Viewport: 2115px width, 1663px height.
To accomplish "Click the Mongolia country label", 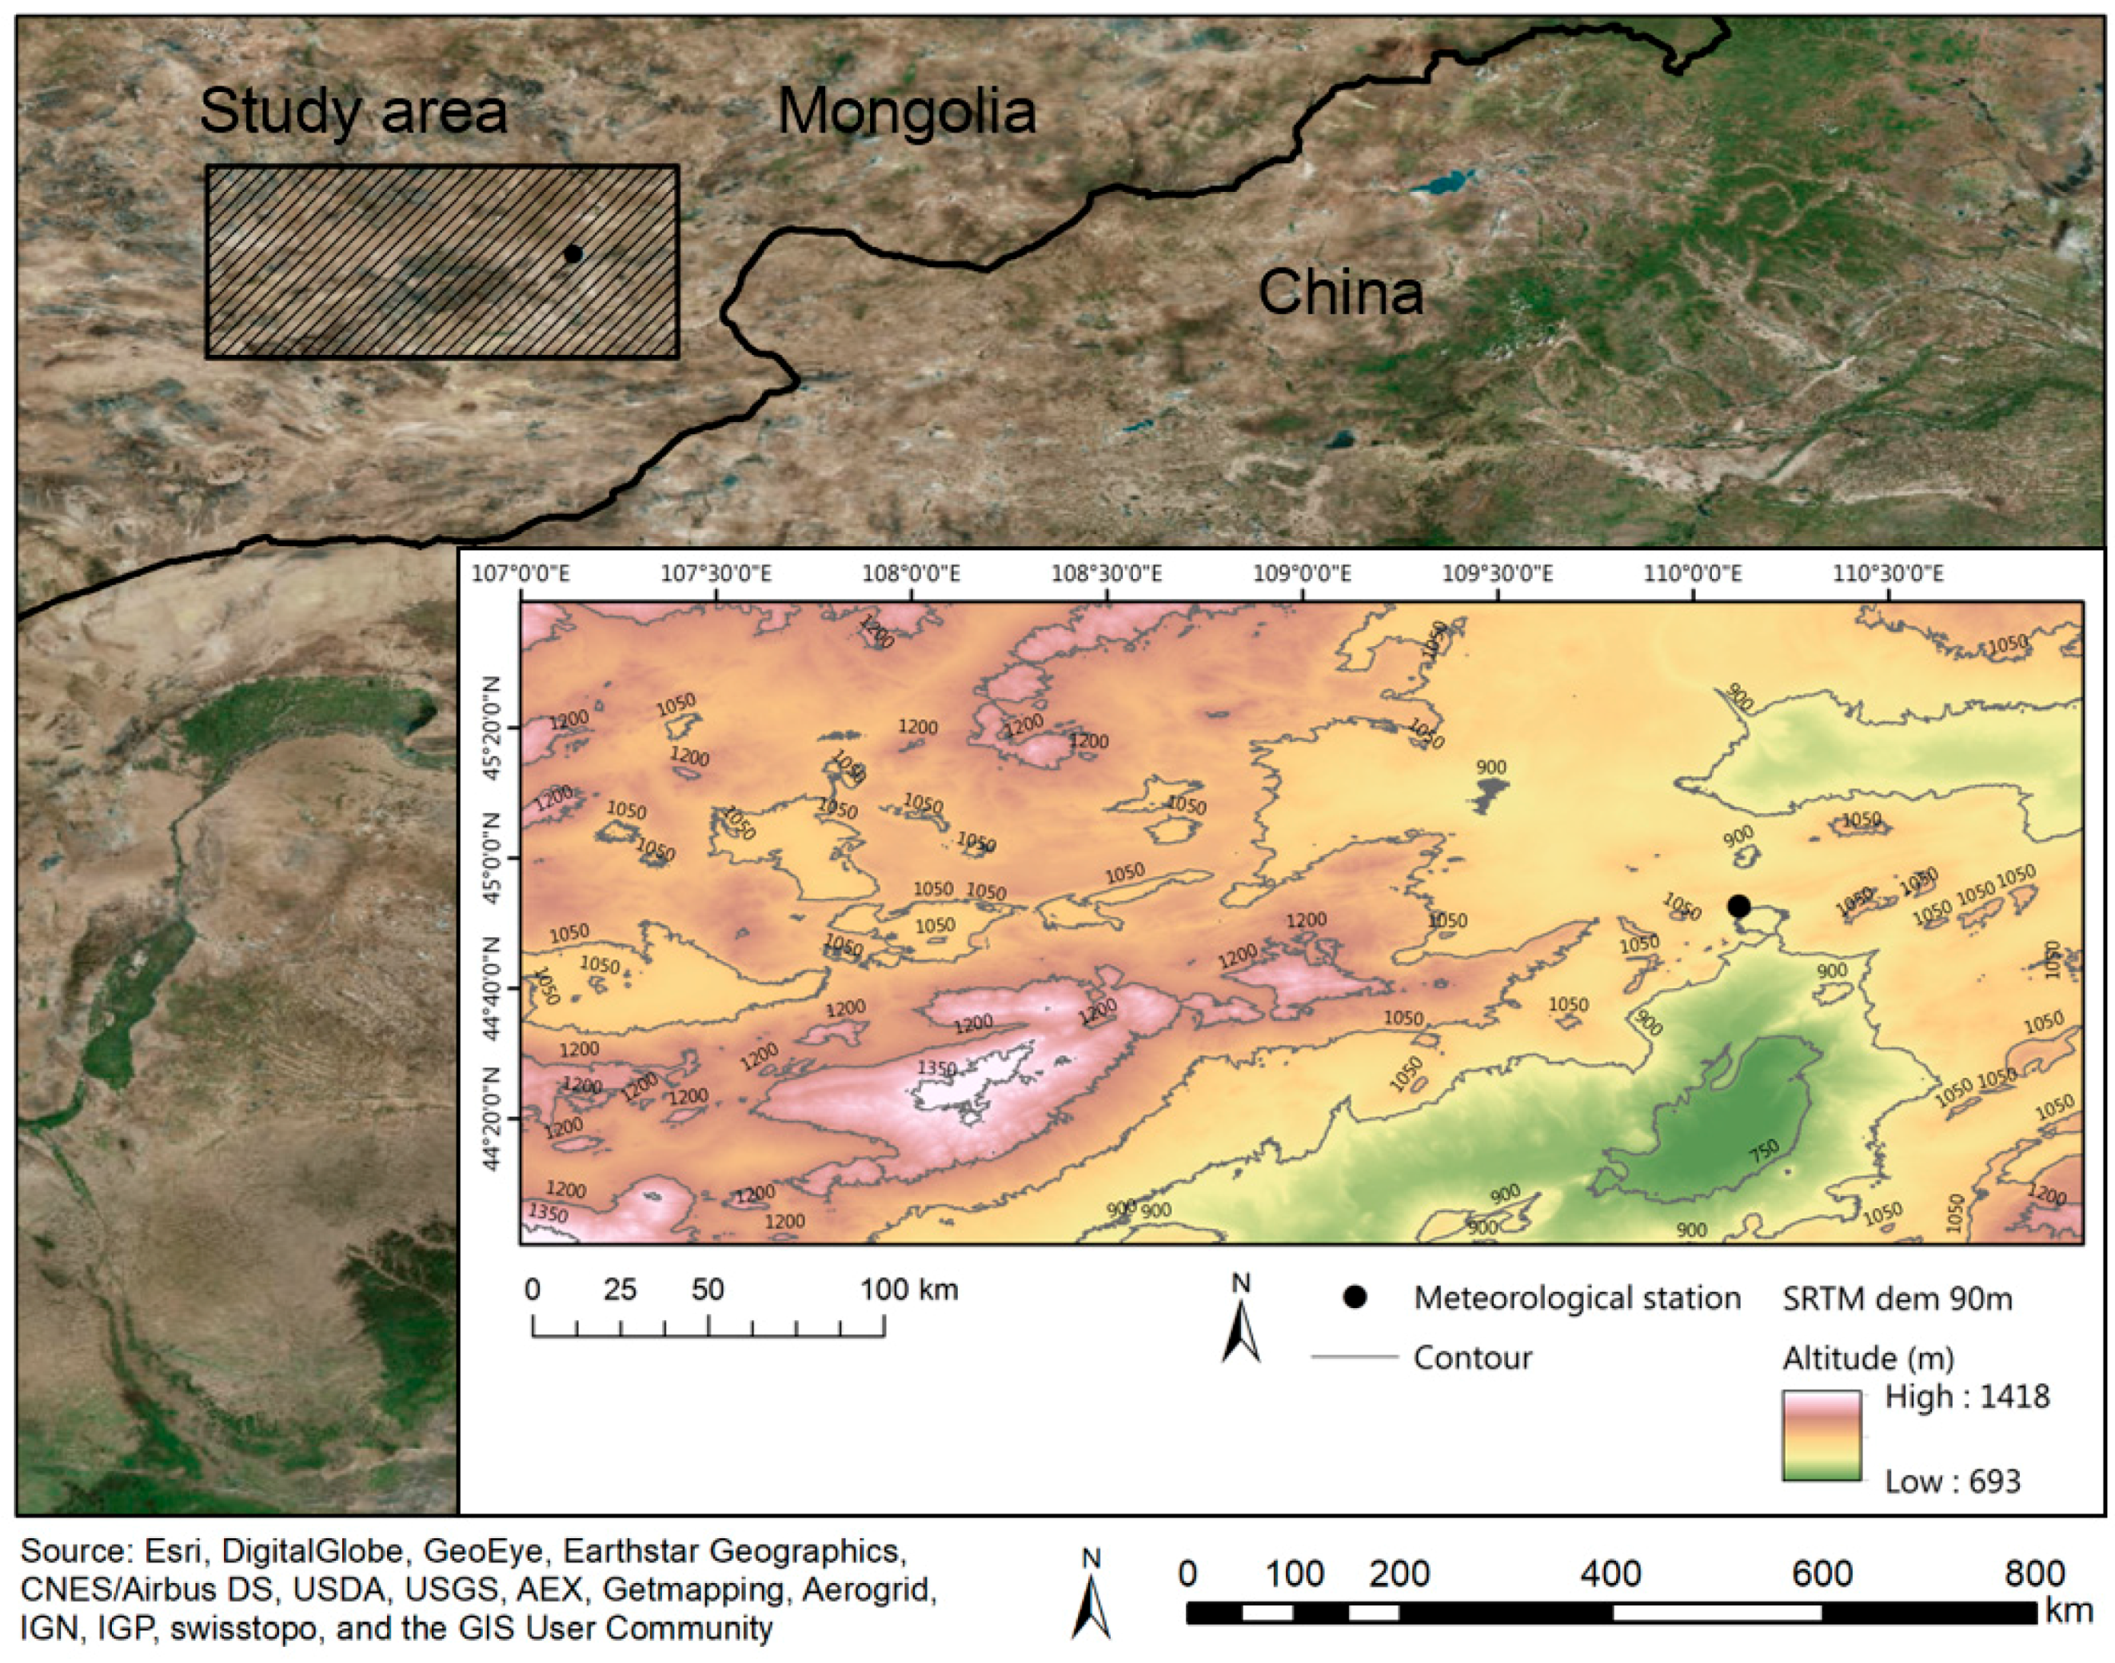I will coord(907,111).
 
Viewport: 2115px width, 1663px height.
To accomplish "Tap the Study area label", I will coord(353,111).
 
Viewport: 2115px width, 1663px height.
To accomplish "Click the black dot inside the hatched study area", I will coord(573,254).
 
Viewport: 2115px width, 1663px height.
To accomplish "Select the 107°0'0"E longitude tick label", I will coord(521,573).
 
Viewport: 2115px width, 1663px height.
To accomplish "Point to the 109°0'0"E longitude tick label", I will coord(1301,573).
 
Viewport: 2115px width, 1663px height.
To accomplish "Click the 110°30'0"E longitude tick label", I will coord(1888,573).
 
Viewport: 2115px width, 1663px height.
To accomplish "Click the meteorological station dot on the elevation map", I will coord(1738,907).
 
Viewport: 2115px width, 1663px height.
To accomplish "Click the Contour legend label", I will coord(1472,1358).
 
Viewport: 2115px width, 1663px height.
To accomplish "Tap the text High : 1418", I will coord(1967,1398).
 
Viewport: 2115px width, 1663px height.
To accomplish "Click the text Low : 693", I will coord(1953,1482).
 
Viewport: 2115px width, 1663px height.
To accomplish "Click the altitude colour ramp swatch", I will coord(1821,1436).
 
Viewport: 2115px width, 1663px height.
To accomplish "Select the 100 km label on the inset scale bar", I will coord(909,1290).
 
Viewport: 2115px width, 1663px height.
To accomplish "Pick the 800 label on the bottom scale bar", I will coord(2033,1573).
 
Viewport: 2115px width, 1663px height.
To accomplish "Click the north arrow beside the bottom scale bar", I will coord(1091,1597).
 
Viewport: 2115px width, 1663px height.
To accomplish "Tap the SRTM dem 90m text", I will coord(1897,1299).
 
